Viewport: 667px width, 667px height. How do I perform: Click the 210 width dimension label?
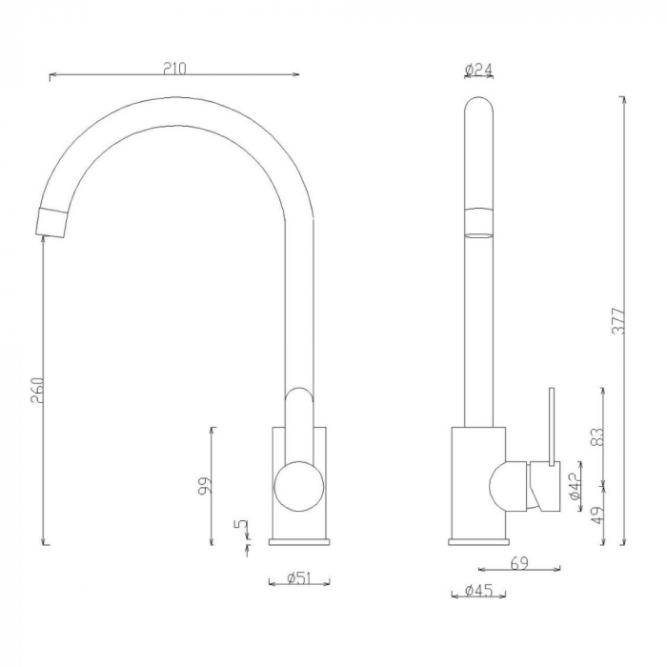[174, 69]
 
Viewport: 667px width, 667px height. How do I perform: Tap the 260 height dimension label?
[37, 391]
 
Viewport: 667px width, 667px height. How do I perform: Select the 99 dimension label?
[205, 485]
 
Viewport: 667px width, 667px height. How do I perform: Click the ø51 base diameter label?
[299, 578]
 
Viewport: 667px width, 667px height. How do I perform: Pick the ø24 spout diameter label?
[478, 69]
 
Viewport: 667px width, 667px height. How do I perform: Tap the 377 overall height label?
[617, 320]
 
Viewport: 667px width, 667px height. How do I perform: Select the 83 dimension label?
[596, 436]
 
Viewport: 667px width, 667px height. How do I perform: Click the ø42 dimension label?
[574, 485]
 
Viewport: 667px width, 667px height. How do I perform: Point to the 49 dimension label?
[597, 515]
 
